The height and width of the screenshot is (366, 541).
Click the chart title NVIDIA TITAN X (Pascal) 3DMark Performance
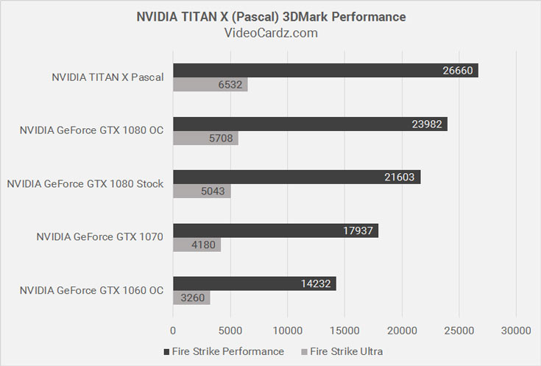pyautogui.click(x=271, y=16)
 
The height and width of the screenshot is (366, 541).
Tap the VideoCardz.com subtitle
pyautogui.click(x=271, y=33)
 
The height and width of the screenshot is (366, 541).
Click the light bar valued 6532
pyautogui.click(x=210, y=85)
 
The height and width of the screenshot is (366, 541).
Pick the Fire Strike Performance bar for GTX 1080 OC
pyautogui.click(x=310, y=124)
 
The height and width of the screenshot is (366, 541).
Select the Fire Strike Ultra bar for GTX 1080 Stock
pyautogui.click(x=202, y=191)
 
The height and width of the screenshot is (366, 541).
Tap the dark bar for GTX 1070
pyautogui.click(x=275, y=230)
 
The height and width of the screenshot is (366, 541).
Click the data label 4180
pyautogui.click(x=205, y=245)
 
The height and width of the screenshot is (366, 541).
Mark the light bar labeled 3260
pyautogui.click(x=191, y=298)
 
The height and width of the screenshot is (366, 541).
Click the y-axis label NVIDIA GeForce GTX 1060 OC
pyautogui.click(x=91, y=290)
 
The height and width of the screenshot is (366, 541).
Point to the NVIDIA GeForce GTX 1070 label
pyautogui.click(x=100, y=236)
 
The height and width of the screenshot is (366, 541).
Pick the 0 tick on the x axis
pyautogui.click(x=173, y=331)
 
